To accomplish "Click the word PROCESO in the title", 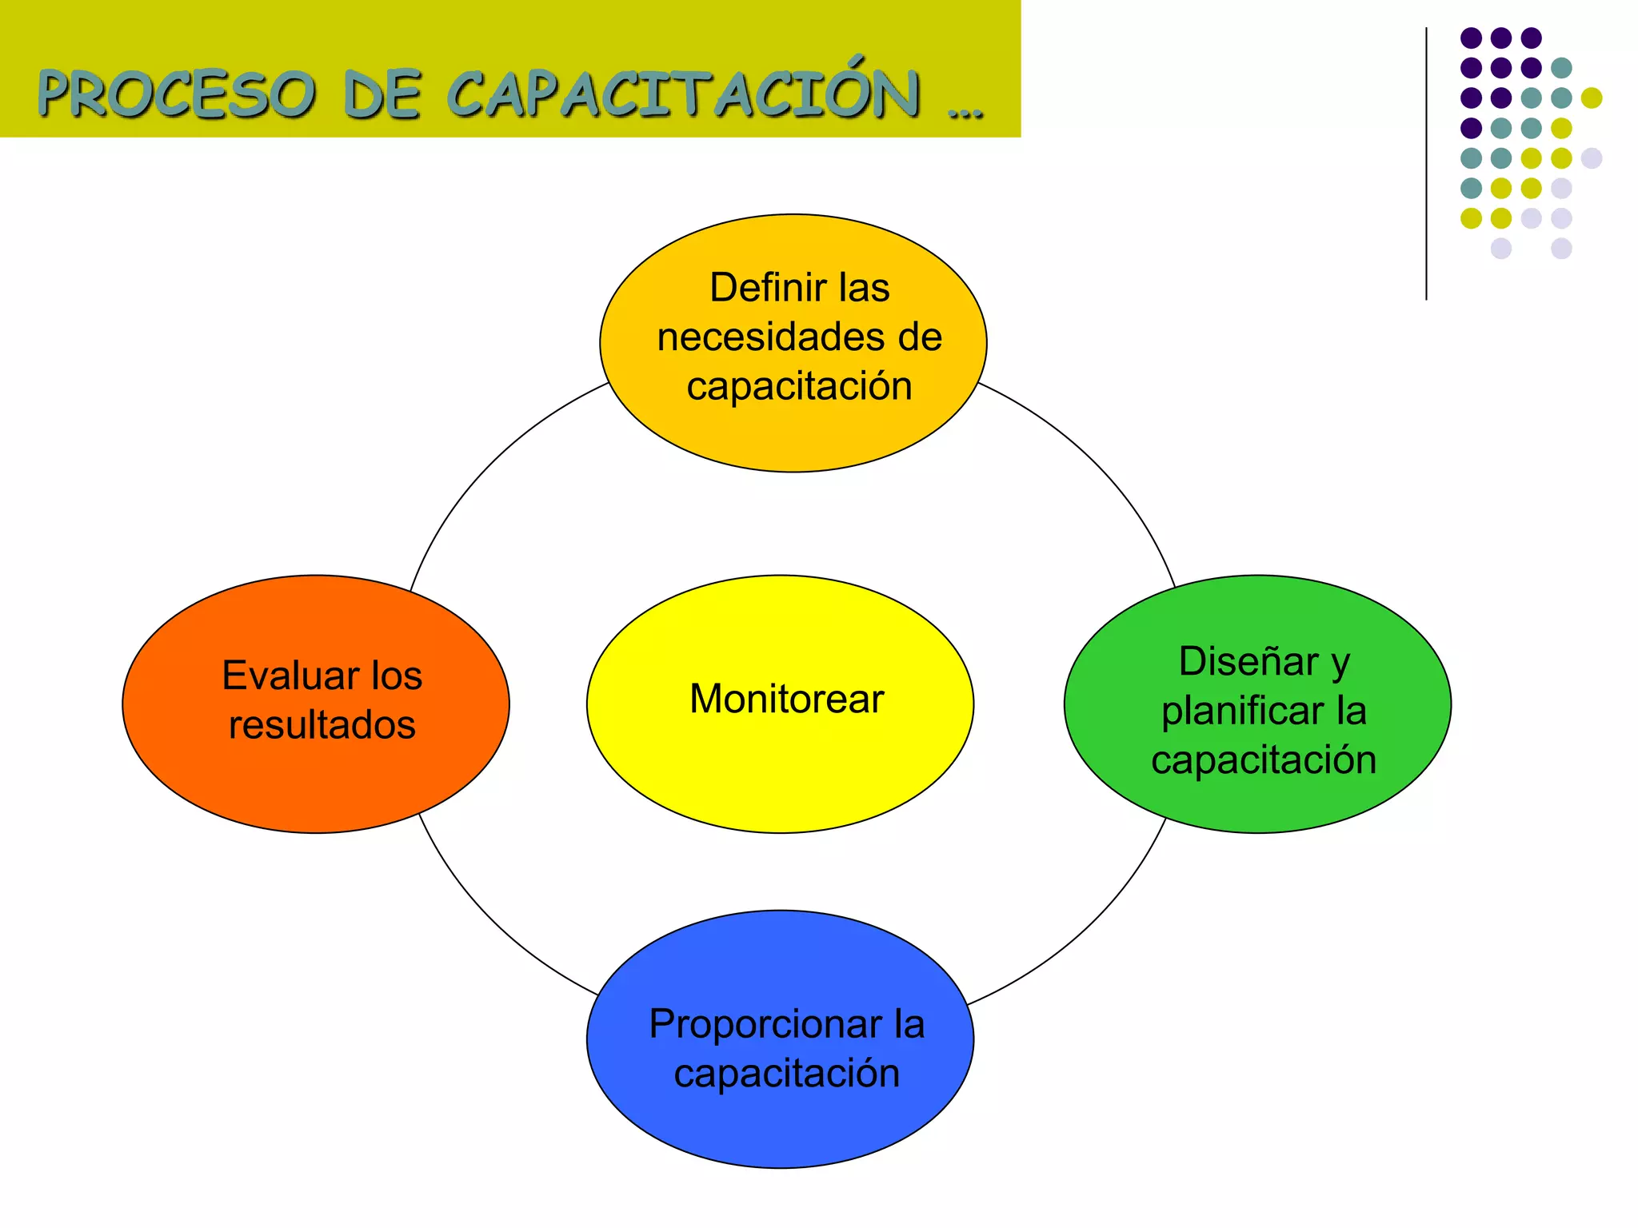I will (176, 94).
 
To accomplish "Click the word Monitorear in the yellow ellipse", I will (786, 699).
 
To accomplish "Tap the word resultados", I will (322, 725).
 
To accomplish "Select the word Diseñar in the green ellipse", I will (1248, 662).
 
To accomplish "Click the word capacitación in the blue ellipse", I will (786, 1074).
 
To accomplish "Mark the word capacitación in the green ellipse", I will (1264, 760).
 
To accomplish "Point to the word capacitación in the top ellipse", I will (799, 387).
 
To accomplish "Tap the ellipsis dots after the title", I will (965, 112).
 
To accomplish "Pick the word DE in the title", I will (382, 94).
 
